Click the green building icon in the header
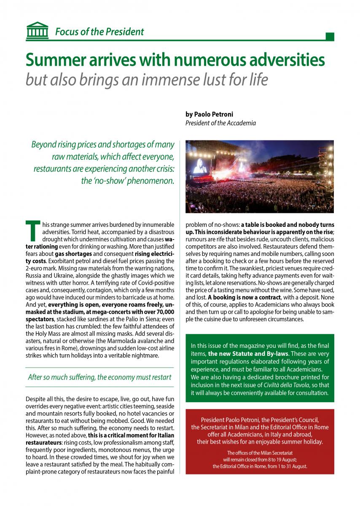coord(37,30)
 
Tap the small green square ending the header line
coord(330,37)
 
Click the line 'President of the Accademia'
coord(220,123)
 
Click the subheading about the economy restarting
coord(99,377)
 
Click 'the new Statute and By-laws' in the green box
coord(244,354)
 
